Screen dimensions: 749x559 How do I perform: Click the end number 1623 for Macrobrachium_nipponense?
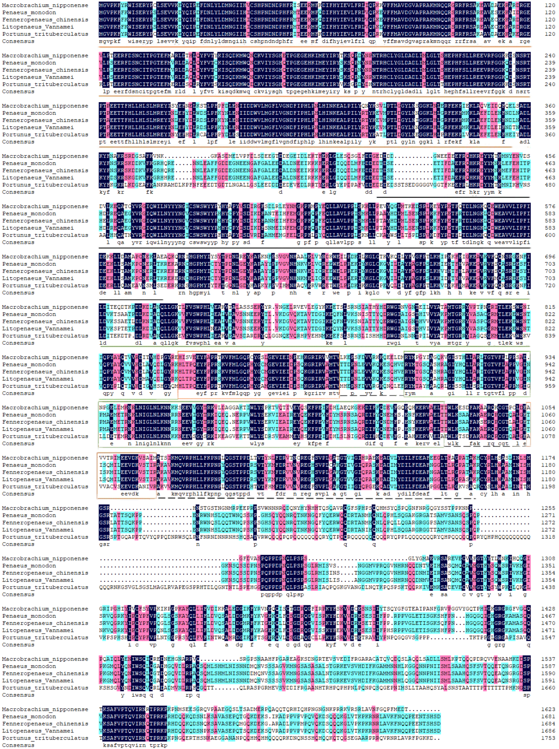click(x=548, y=709)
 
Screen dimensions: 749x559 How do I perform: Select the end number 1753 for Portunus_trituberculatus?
click(x=548, y=738)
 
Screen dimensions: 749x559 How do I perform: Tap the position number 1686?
click(x=548, y=731)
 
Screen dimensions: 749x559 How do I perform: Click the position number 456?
click(x=550, y=156)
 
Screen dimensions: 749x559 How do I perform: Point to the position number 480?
click(x=550, y=185)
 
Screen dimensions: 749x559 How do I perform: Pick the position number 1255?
click(x=548, y=508)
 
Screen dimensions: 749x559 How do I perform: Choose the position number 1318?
click(x=548, y=537)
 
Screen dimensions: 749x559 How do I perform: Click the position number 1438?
click(x=548, y=587)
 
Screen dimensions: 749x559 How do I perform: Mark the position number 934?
click(x=550, y=357)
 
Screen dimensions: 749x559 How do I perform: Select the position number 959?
click(x=550, y=386)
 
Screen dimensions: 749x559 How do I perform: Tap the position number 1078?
click(x=548, y=436)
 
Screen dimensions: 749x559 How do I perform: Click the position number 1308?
click(x=548, y=558)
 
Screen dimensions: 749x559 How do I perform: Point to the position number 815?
click(x=550, y=307)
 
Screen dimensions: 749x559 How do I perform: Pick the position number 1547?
click(x=548, y=637)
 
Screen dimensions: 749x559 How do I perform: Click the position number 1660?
click(x=548, y=687)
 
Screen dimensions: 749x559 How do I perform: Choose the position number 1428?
click(x=548, y=609)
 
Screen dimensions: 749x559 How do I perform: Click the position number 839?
click(x=550, y=336)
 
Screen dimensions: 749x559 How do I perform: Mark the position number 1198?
click(x=548, y=486)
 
